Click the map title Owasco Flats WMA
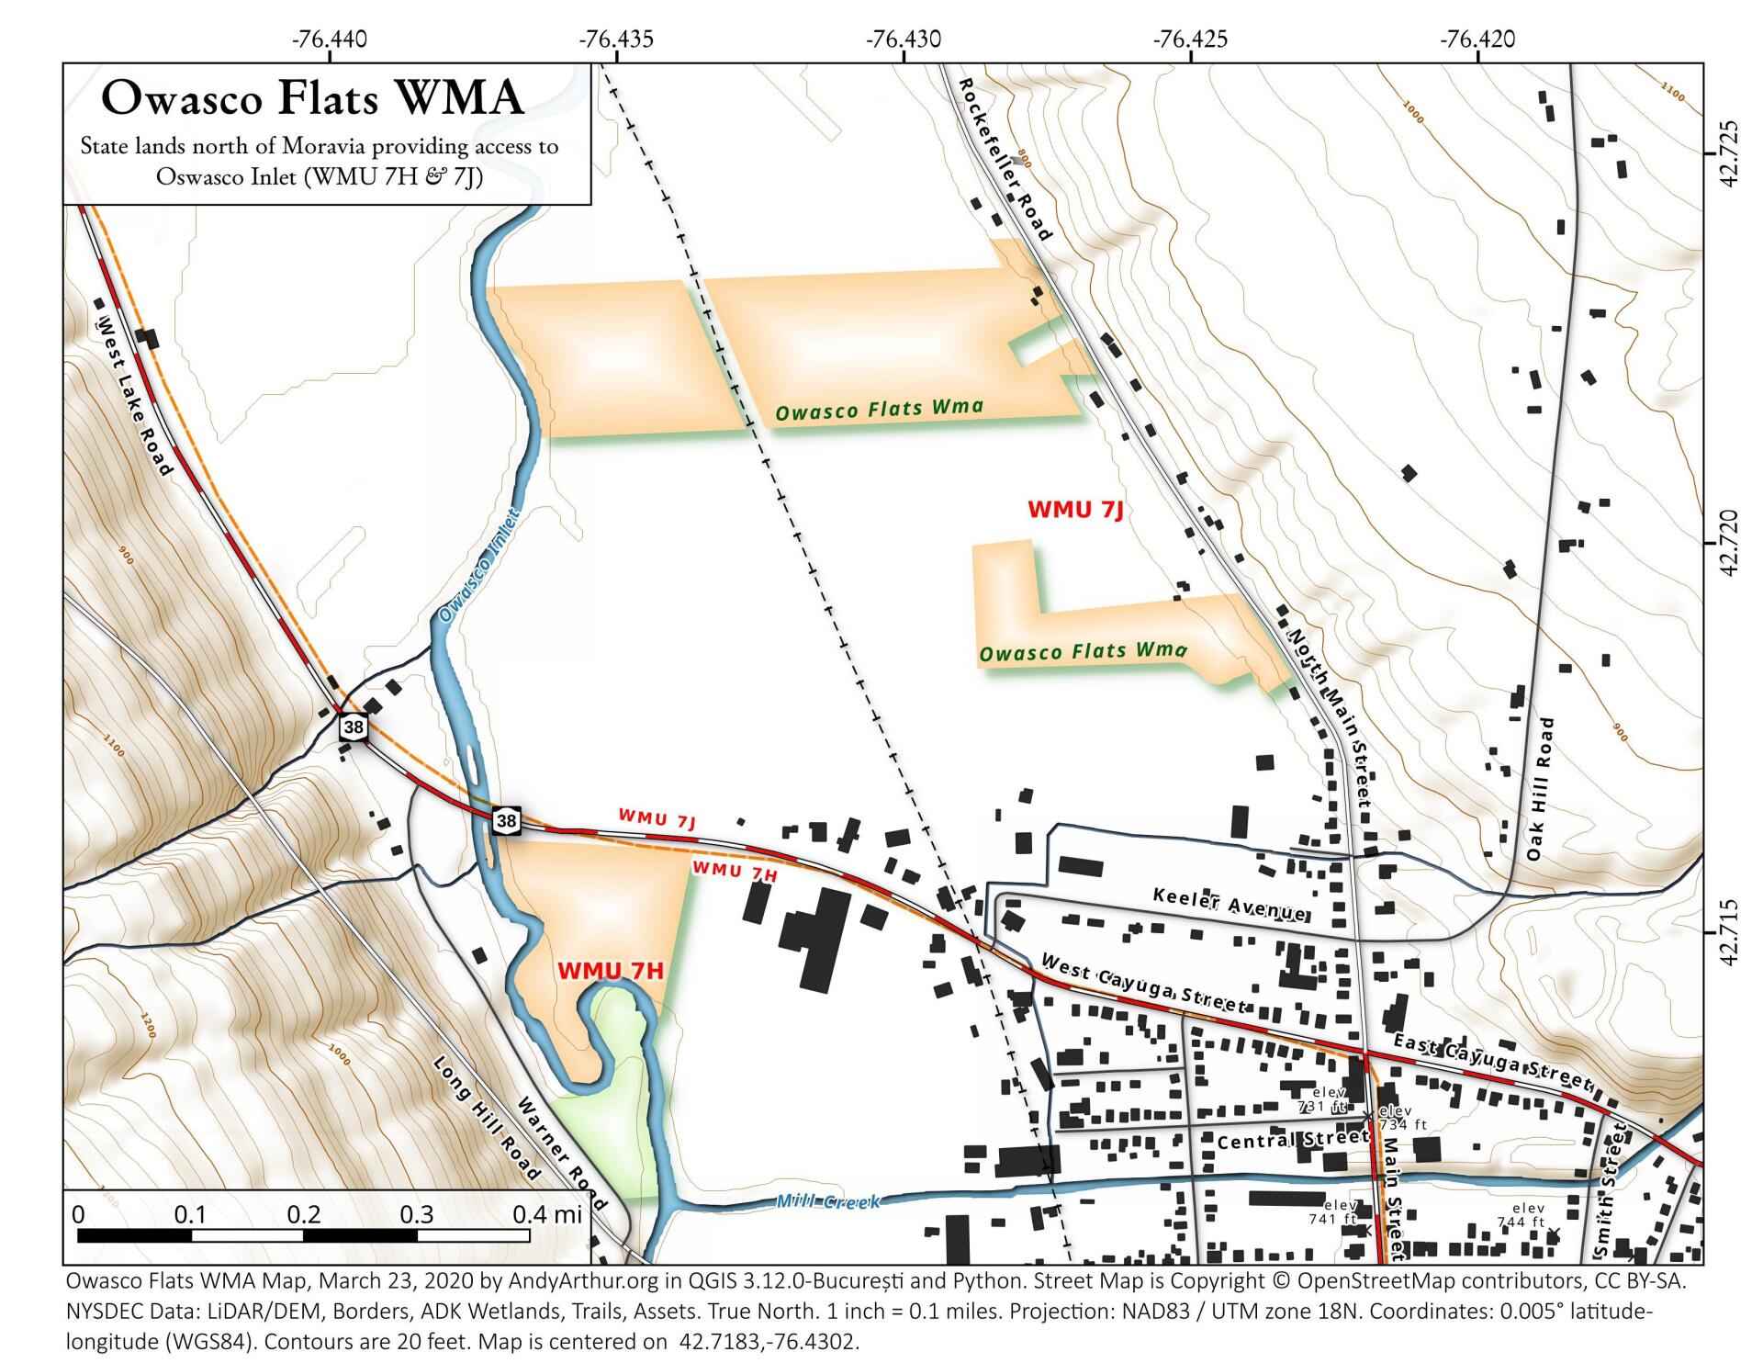(x=312, y=97)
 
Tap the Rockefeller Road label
(x=1005, y=159)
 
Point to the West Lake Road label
(x=134, y=396)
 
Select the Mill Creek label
(x=827, y=1201)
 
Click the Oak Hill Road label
(x=1540, y=789)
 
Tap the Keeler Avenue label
(x=1230, y=904)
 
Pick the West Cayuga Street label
(x=1144, y=984)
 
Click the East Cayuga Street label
(x=1492, y=1060)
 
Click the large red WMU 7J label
(x=1075, y=510)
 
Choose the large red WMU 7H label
(x=610, y=971)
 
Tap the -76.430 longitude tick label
(x=904, y=39)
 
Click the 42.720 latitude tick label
(x=1730, y=543)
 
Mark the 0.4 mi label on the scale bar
(x=547, y=1214)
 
